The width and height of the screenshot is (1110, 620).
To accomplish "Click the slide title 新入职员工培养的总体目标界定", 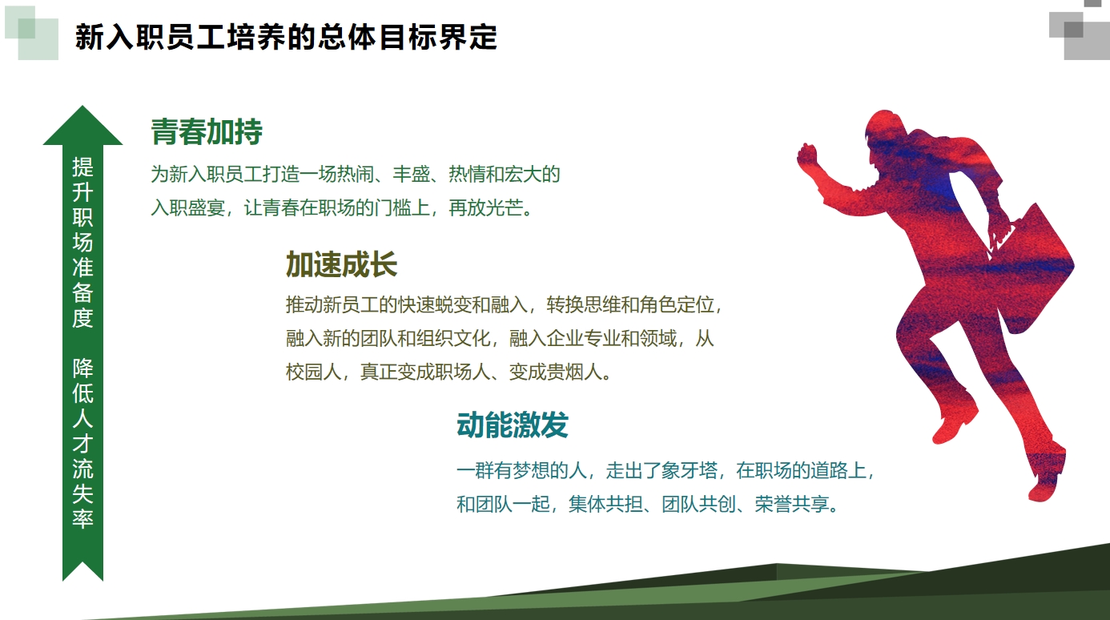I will point(286,38).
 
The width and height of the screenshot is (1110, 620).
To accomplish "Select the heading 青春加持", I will point(207,132).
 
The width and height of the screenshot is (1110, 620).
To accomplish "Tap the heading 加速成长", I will point(341,264).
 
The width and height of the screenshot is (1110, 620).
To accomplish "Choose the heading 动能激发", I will point(512,426).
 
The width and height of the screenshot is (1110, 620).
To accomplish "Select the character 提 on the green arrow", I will point(82,167).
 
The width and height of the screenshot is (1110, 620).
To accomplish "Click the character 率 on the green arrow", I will point(82,518).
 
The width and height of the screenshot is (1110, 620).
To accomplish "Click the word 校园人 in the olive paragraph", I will point(313,372).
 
